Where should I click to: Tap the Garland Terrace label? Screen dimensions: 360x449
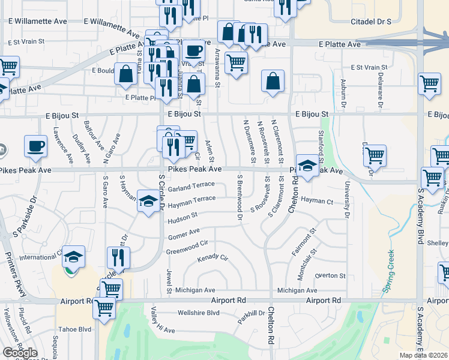[191, 187]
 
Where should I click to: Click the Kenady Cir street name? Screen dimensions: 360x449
[213, 260]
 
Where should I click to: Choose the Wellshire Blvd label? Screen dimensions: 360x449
[199, 313]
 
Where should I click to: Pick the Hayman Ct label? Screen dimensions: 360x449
[317, 202]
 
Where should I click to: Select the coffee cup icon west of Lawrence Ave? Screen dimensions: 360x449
[35, 146]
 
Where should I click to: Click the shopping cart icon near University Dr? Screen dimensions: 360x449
[375, 156]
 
